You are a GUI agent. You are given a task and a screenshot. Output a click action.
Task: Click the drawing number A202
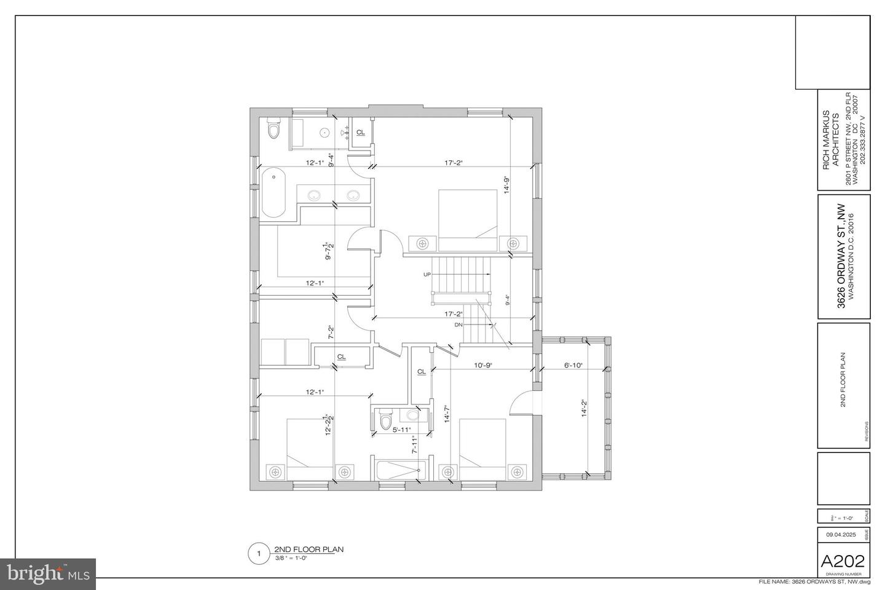(843, 560)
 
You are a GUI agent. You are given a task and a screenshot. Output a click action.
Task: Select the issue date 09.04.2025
(841, 535)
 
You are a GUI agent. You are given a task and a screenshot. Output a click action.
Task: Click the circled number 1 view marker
(258, 554)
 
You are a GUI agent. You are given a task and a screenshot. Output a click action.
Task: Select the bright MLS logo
(48, 574)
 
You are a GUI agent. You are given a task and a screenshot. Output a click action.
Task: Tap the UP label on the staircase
(427, 274)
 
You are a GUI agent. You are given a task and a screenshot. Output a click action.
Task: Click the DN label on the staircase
(458, 324)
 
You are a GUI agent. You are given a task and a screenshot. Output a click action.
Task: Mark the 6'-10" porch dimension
(573, 365)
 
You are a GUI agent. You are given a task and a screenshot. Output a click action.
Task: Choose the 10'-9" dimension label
(482, 365)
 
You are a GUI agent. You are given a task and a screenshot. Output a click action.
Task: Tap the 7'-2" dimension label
(330, 332)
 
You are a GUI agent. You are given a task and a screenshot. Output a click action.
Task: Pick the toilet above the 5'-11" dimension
(386, 419)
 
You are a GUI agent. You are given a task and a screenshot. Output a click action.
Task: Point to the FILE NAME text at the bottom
(814, 582)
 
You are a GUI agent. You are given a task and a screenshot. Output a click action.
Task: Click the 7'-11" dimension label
(415, 444)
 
